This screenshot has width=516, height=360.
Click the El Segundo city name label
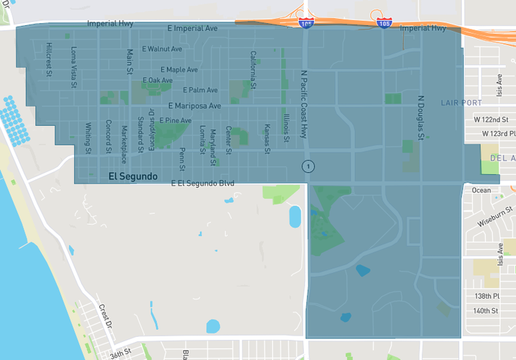tap(132, 176)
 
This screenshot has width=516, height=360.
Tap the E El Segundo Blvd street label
tap(203, 184)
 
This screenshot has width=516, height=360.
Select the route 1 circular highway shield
tap(308, 166)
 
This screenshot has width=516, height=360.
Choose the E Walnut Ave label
tap(163, 49)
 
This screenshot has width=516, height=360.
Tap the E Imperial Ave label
tap(191, 29)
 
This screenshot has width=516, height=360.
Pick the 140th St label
tap(485, 311)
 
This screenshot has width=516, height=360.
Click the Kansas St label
tap(267, 138)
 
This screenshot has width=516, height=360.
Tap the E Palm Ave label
tap(200, 90)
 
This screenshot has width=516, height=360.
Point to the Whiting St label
tap(88, 138)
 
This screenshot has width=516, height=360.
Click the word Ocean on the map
tap(481, 190)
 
